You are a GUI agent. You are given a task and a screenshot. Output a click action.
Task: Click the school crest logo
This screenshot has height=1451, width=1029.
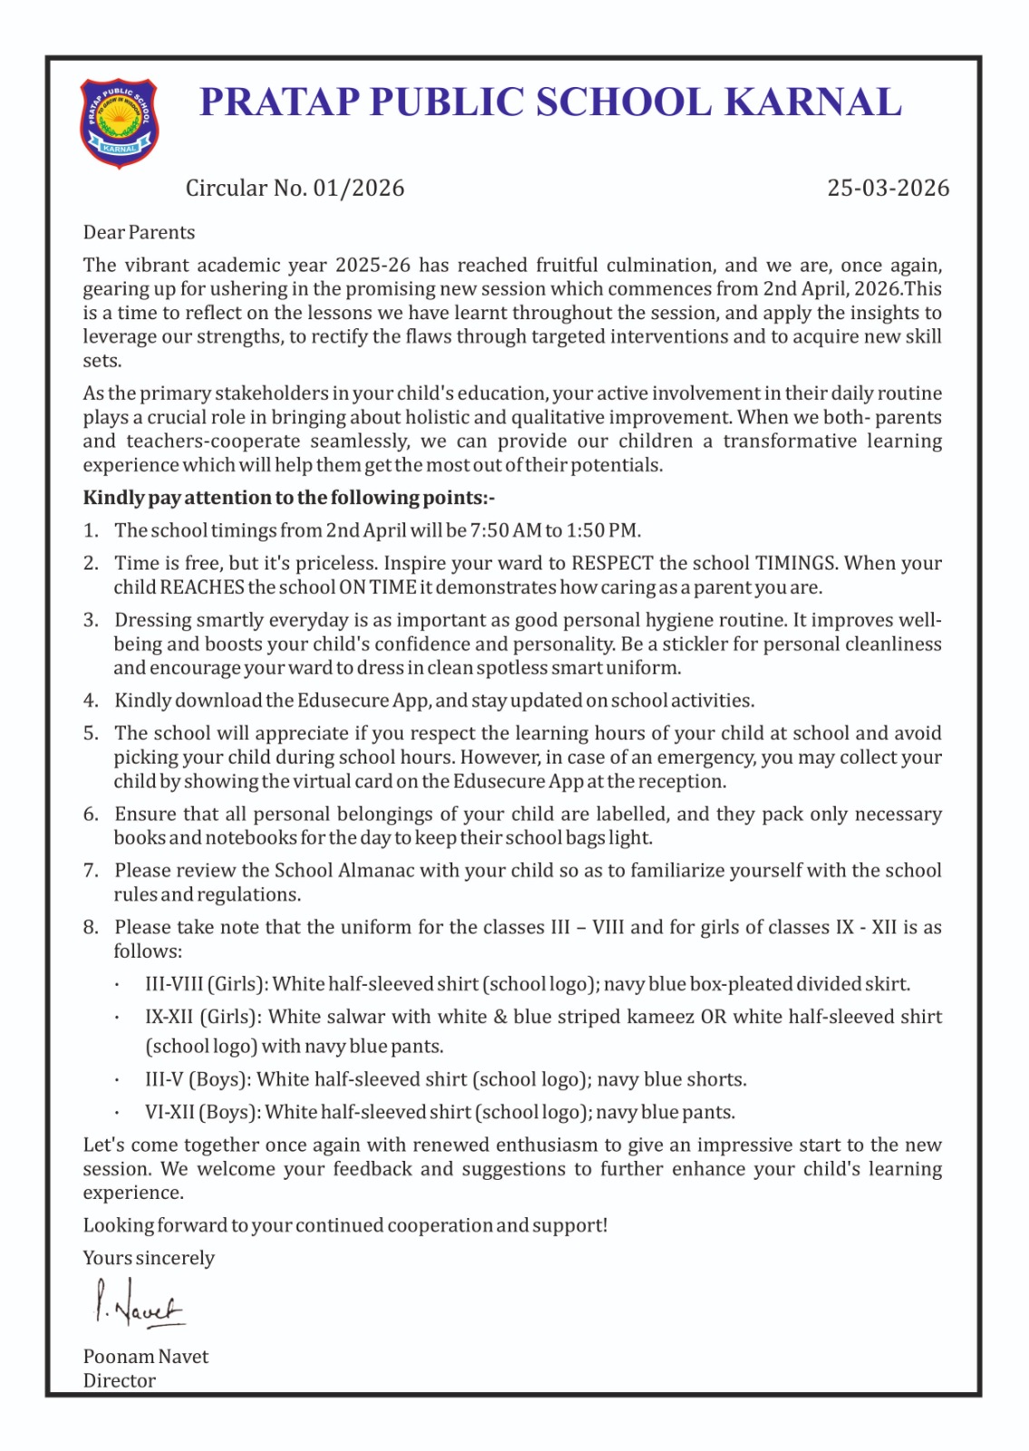[x=119, y=123]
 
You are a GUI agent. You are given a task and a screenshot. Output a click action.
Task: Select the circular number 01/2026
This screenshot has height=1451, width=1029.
[x=358, y=188]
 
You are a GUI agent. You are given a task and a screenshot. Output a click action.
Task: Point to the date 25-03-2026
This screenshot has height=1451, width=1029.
[x=888, y=188]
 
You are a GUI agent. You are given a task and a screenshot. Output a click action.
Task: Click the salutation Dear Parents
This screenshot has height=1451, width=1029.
[x=139, y=232]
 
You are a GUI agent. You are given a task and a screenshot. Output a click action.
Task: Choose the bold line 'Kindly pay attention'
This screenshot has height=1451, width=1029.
[x=288, y=498]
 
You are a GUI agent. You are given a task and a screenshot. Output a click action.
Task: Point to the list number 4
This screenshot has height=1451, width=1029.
[x=90, y=701]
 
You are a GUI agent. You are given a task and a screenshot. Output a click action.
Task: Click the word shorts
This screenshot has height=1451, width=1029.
[x=720, y=1079]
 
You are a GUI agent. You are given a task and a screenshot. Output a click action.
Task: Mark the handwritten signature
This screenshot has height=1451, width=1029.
[x=138, y=1304]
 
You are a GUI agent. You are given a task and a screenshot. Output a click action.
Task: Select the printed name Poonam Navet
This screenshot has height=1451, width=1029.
[x=146, y=1357]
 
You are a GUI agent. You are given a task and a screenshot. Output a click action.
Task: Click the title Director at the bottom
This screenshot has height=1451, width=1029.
[x=120, y=1380]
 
